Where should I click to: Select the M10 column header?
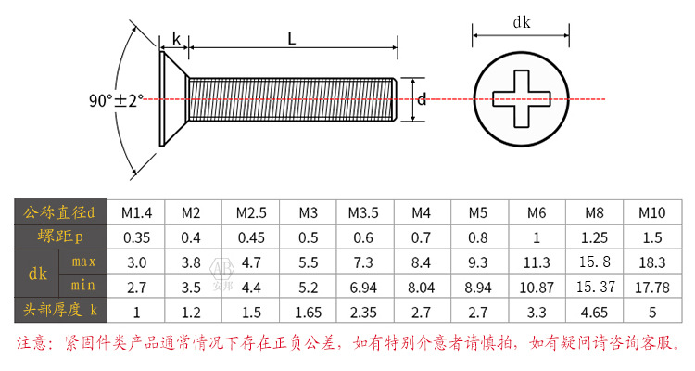click(651, 212)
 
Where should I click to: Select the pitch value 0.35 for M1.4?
click(137, 237)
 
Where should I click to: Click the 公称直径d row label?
click(60, 212)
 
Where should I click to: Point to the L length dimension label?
click(291, 39)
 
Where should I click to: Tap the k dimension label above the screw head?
click(176, 39)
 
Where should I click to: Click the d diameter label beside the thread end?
click(421, 99)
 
